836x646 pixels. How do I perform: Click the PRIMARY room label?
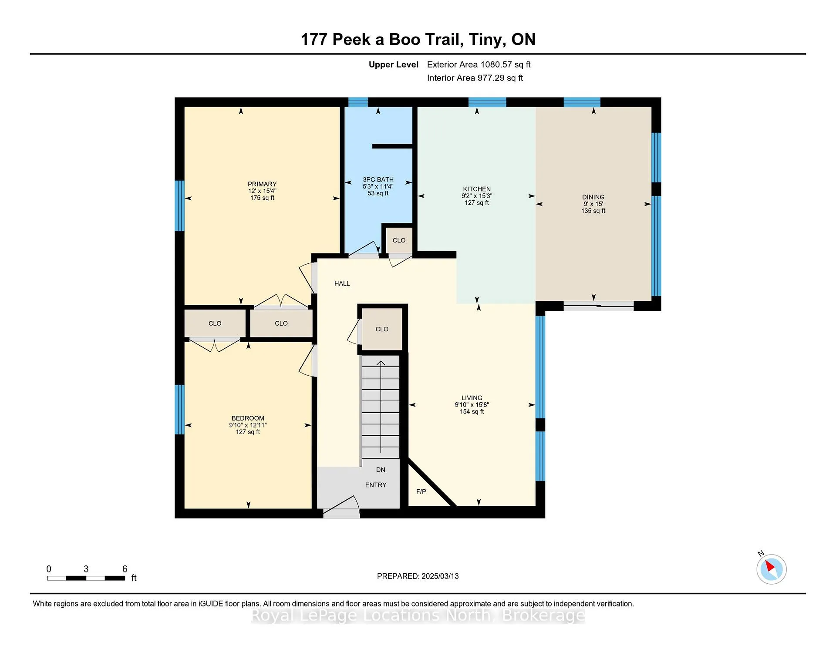click(x=262, y=184)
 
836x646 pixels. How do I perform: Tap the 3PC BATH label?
click(x=378, y=179)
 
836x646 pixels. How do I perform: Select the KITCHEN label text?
click(x=477, y=189)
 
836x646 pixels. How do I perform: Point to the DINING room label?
click(x=593, y=197)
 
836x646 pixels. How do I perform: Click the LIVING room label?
click(x=472, y=398)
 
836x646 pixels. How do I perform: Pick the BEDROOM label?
click(x=248, y=418)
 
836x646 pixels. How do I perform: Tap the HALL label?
click(x=342, y=284)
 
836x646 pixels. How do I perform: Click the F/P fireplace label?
click(x=421, y=491)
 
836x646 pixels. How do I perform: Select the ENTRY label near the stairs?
click(x=376, y=485)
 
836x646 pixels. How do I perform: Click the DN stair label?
click(x=381, y=470)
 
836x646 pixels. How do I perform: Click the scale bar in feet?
click(x=86, y=578)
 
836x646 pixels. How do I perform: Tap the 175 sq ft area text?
click(x=262, y=198)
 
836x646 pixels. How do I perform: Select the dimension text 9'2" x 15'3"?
click(x=477, y=196)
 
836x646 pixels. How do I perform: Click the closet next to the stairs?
click(x=382, y=329)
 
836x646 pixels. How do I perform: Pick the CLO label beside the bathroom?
click(x=399, y=240)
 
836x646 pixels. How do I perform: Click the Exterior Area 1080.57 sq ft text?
click(x=479, y=65)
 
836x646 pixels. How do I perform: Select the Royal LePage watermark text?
click(x=418, y=616)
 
